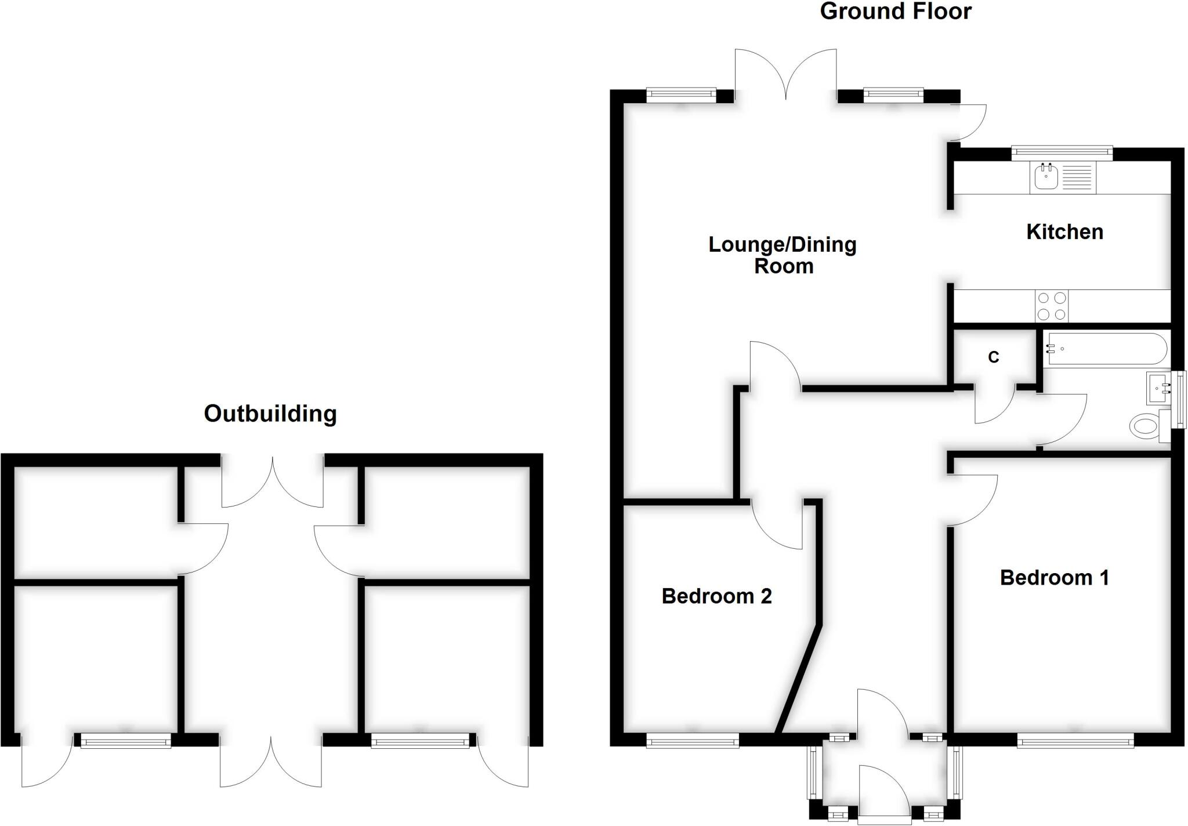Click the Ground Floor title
click(895, 12)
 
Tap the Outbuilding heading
click(270, 414)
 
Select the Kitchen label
click(1064, 232)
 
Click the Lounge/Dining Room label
click(783, 255)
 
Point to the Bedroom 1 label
click(1054, 578)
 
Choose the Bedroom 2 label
click(716, 596)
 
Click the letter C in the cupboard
click(994, 357)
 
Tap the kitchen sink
click(1046, 177)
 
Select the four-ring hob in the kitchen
click(1052, 306)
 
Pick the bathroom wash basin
click(1158, 388)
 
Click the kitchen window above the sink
click(1062, 153)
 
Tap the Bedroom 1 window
click(1075, 740)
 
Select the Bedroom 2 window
click(693, 740)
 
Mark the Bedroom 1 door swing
click(972, 499)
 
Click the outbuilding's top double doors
click(272, 481)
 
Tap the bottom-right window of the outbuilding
click(420, 740)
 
